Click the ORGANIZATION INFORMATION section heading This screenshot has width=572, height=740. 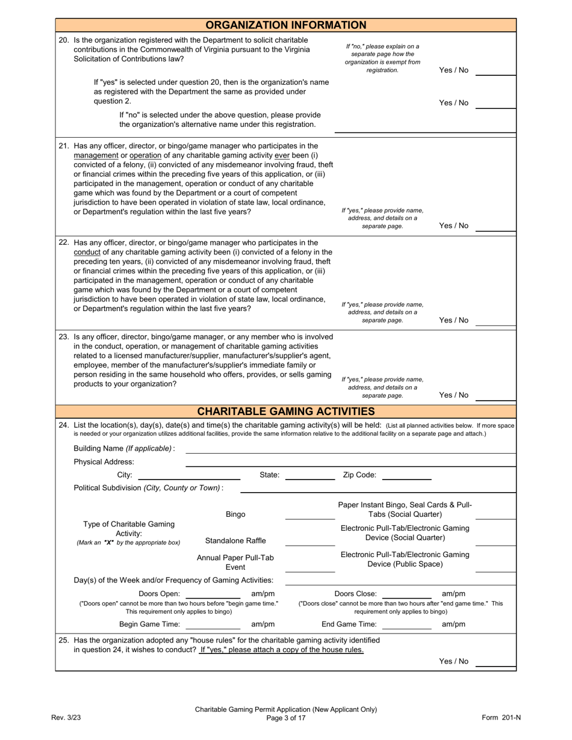pos(286,25)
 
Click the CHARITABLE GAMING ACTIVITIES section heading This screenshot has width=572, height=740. pos(286,412)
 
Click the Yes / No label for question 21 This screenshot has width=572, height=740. pos(453,226)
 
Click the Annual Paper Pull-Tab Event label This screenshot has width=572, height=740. pos(235,563)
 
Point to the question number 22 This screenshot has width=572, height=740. pos(64,243)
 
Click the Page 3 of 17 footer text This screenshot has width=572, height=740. pos(286,718)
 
